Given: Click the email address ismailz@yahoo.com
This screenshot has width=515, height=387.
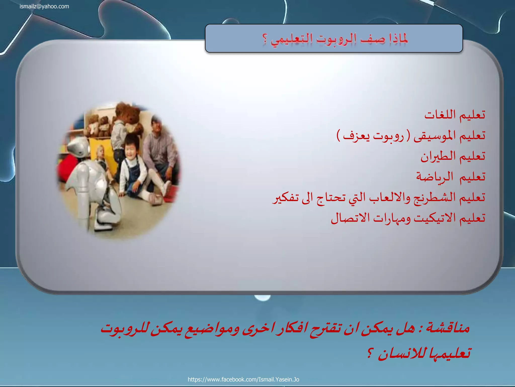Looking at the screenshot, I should [x=44, y=7].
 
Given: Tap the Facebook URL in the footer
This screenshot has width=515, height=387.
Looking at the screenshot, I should [x=243, y=379].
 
